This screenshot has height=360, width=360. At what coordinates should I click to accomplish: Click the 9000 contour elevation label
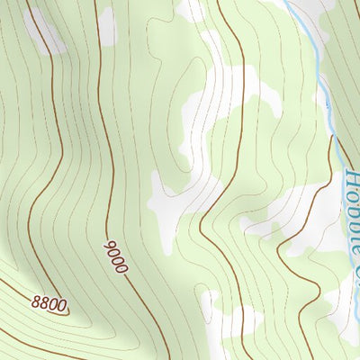pyautogui.click(x=118, y=256)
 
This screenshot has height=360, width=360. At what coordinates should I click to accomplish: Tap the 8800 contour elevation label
pyautogui.click(x=49, y=305)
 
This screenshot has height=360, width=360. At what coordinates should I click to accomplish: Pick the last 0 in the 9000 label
pyautogui.click(x=124, y=268)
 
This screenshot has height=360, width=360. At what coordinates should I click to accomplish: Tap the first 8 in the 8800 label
pyautogui.click(x=35, y=301)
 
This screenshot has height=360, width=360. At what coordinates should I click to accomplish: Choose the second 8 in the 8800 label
pyautogui.click(x=43, y=303)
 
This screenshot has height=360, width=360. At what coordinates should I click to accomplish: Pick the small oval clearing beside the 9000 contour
pyautogui.click(x=107, y=27)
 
